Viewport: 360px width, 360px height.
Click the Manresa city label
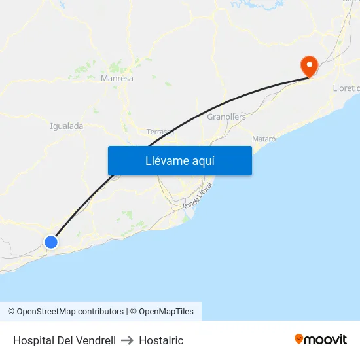(117, 79)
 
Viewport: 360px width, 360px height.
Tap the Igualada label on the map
(66, 126)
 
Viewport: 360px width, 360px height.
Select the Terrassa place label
(160, 132)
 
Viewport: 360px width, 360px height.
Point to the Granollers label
(226, 117)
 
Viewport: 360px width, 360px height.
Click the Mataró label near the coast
(263, 139)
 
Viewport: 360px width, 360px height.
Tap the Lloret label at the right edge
(346, 88)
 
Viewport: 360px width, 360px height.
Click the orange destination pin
(308, 65)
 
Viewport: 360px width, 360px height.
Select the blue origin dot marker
(51, 242)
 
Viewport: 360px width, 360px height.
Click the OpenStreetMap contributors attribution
(70, 312)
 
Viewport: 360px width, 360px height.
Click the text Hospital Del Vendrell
(64, 340)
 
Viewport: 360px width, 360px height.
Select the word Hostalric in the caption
(161, 340)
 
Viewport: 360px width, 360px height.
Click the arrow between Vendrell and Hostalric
(127, 340)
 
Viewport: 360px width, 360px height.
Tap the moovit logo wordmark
(325, 339)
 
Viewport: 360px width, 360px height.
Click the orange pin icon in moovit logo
(299, 339)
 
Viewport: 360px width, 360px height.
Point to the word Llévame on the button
(166, 161)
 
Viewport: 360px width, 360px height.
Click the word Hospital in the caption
(33, 340)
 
